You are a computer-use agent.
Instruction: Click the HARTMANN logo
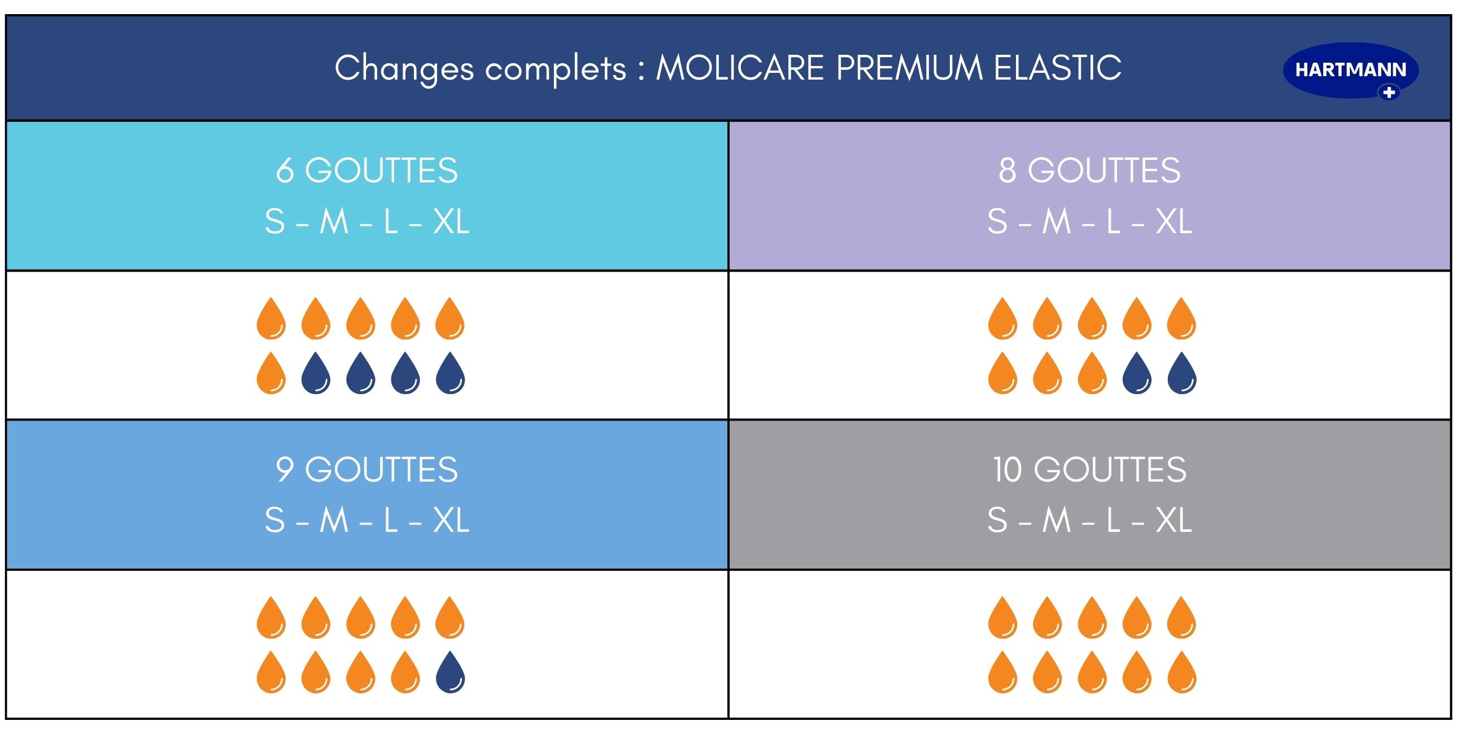coord(1351,71)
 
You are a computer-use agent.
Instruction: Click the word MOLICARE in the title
coord(739,68)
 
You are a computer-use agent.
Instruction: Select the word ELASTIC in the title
coord(1058,68)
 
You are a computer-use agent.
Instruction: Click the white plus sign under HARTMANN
coord(1389,92)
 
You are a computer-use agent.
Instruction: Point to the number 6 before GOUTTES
coord(285,170)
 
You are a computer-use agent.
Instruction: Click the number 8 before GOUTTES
coord(1007,170)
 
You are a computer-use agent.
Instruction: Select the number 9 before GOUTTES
coord(285,469)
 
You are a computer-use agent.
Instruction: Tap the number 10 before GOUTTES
coord(1007,469)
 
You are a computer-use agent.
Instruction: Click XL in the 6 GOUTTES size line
coord(451,221)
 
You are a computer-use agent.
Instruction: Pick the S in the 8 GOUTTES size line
coord(997,221)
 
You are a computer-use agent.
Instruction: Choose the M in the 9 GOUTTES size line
coord(334,520)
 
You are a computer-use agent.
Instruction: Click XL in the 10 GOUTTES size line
coord(1174,520)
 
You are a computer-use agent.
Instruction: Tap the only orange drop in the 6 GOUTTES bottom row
coord(271,373)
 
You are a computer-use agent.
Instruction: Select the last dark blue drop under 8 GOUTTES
coord(1181,373)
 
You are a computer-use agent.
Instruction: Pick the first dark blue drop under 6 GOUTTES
coord(316,373)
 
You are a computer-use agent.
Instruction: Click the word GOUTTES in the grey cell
coord(1110,469)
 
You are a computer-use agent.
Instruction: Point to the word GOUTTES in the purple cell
coord(1104,170)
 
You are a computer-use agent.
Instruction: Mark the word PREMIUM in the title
coord(909,68)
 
